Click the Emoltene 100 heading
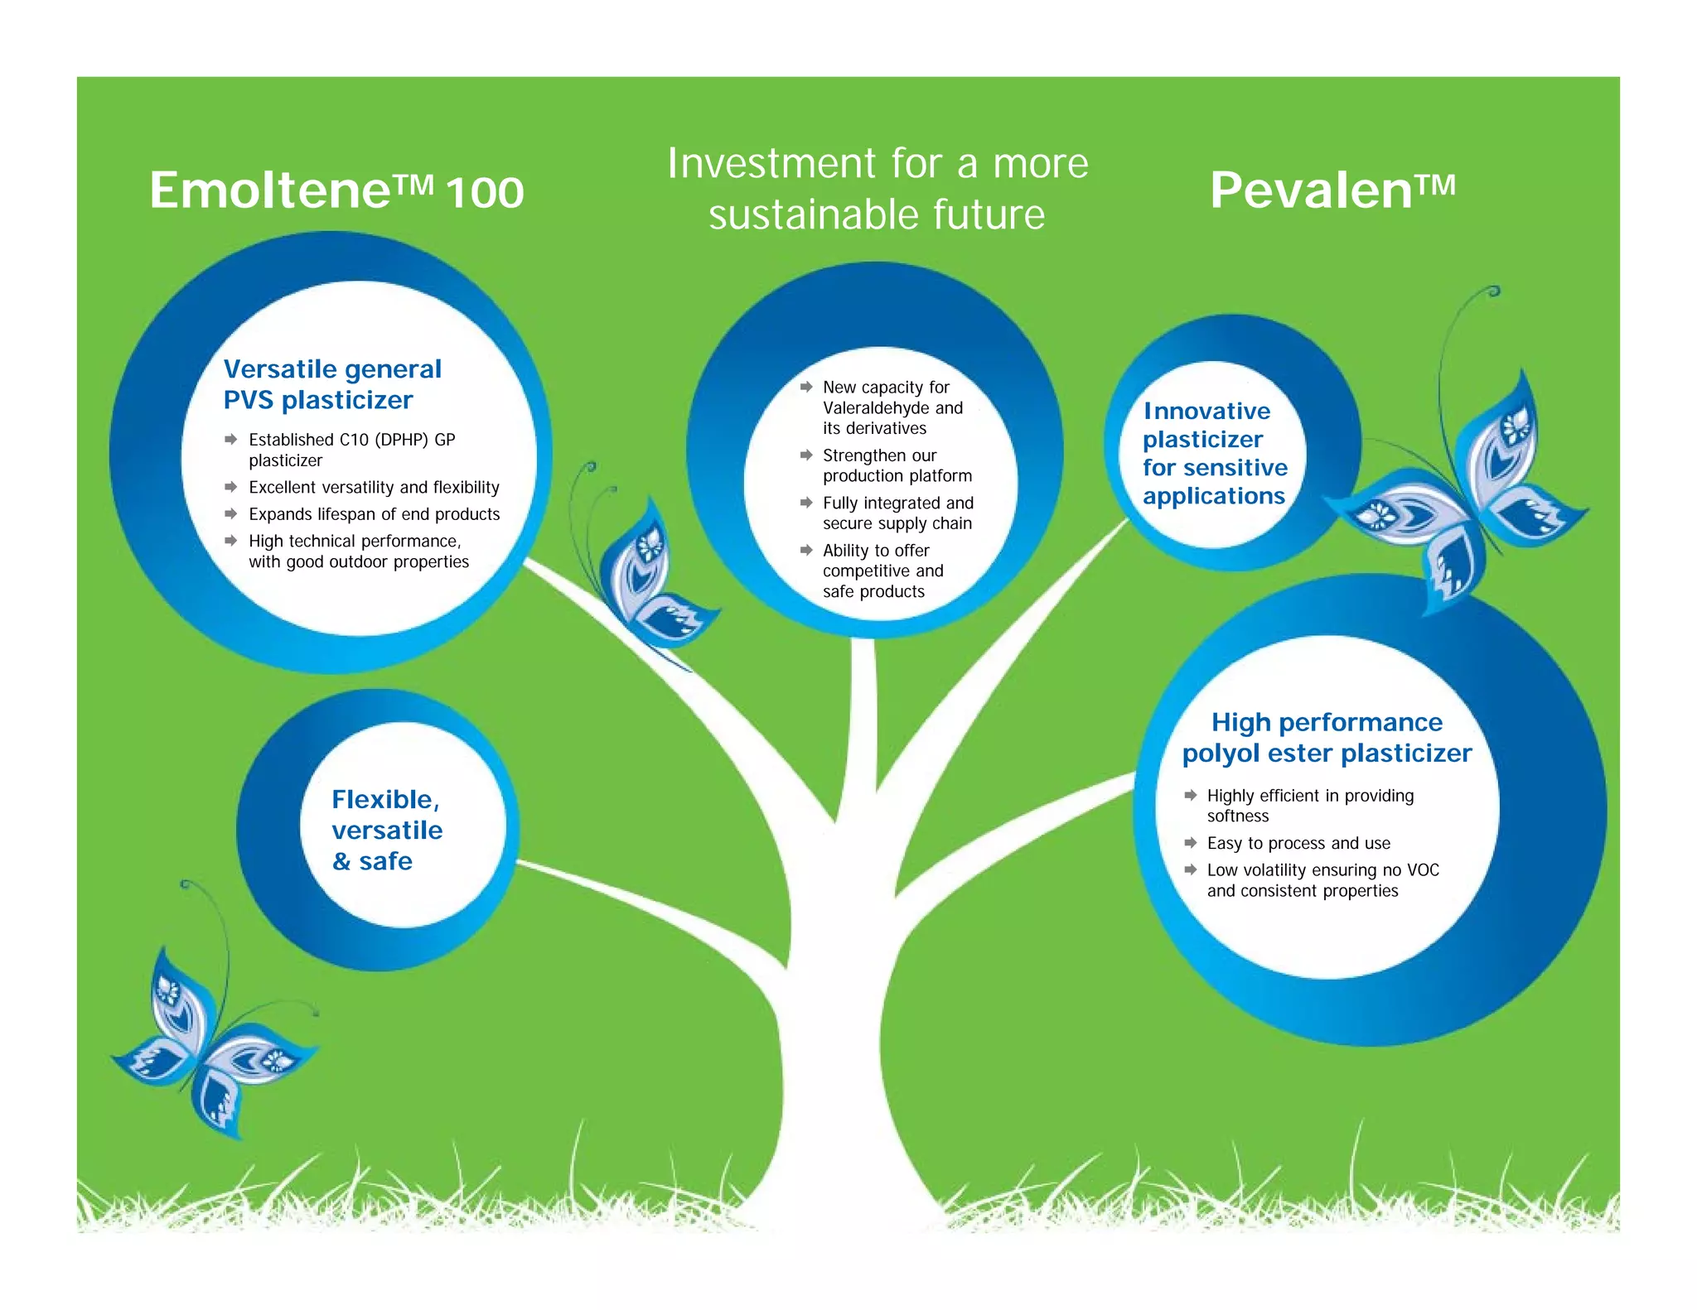click(336, 190)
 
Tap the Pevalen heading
click(1332, 190)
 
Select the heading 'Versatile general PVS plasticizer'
click(331, 384)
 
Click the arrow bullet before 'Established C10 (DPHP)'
click(231, 440)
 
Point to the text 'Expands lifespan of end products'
click(374, 514)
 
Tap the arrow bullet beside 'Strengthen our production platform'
click(806, 455)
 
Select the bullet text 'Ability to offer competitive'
click(883, 561)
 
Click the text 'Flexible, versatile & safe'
click(386, 830)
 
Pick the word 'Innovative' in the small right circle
click(1206, 412)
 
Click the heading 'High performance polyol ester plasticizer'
click(1327, 737)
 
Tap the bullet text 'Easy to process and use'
click(1298, 843)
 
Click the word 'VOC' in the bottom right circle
click(1423, 870)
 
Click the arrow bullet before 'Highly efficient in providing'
click(1190, 796)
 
